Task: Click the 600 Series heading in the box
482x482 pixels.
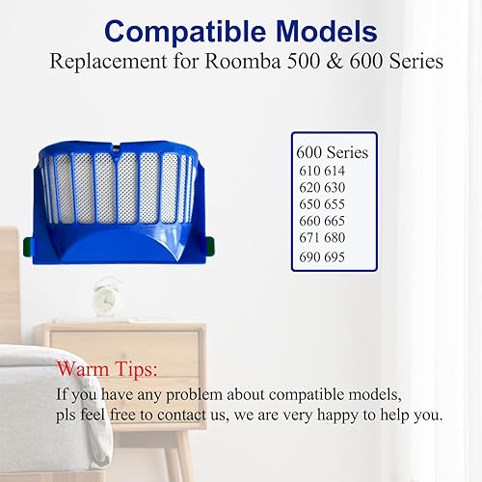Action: [x=333, y=152]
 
